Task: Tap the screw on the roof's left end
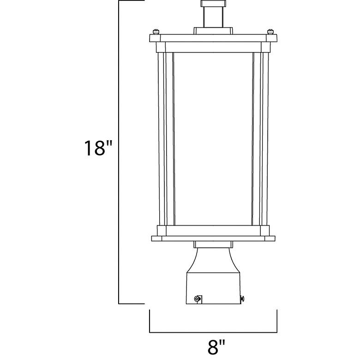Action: point(156,32)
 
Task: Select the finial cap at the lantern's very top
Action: point(213,4)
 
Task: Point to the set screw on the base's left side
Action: point(198,299)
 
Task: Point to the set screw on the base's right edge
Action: point(242,300)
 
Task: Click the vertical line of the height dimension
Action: point(119,152)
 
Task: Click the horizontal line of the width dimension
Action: point(213,332)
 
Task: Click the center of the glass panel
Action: point(213,138)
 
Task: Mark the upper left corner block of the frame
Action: point(161,47)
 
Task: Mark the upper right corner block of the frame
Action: point(265,47)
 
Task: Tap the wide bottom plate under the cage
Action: point(213,239)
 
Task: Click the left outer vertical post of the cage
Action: point(161,138)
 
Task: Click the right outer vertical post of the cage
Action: point(265,138)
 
